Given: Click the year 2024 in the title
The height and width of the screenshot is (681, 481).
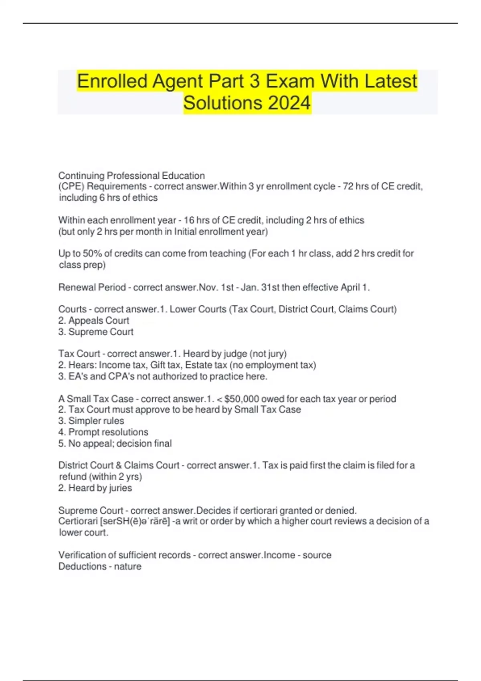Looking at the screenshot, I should [289, 103].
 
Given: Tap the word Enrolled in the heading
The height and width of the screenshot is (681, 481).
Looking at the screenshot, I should [112, 81].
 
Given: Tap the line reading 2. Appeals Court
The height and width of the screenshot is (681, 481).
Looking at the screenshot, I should [94, 320].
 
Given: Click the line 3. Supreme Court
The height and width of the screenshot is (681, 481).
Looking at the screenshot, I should [96, 332].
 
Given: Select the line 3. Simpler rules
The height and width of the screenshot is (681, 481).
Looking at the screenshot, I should [91, 421].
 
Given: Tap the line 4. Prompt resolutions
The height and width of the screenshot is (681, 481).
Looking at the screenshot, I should [103, 432].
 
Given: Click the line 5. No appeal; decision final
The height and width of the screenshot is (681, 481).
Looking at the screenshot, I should [115, 443].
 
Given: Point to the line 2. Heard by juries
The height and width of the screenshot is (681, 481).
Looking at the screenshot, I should [95, 488].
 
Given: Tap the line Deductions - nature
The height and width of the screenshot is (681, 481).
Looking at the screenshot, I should [100, 566].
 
